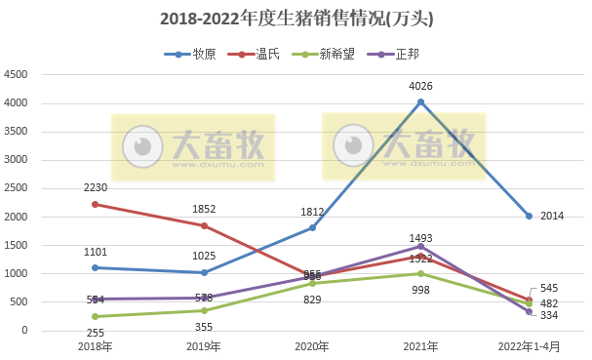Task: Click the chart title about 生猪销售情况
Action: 296,19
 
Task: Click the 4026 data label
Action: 421,86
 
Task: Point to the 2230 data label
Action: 95,187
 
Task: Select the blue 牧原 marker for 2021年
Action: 421,101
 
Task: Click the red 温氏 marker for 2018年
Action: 95,204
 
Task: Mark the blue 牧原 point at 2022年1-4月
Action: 529,216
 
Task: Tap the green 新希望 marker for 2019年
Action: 204,310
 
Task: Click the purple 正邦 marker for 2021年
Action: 421,246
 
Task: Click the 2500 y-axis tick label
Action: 17,188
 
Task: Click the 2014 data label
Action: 553,216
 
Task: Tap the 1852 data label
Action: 204,209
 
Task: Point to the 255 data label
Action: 95,333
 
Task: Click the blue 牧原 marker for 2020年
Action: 312,227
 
